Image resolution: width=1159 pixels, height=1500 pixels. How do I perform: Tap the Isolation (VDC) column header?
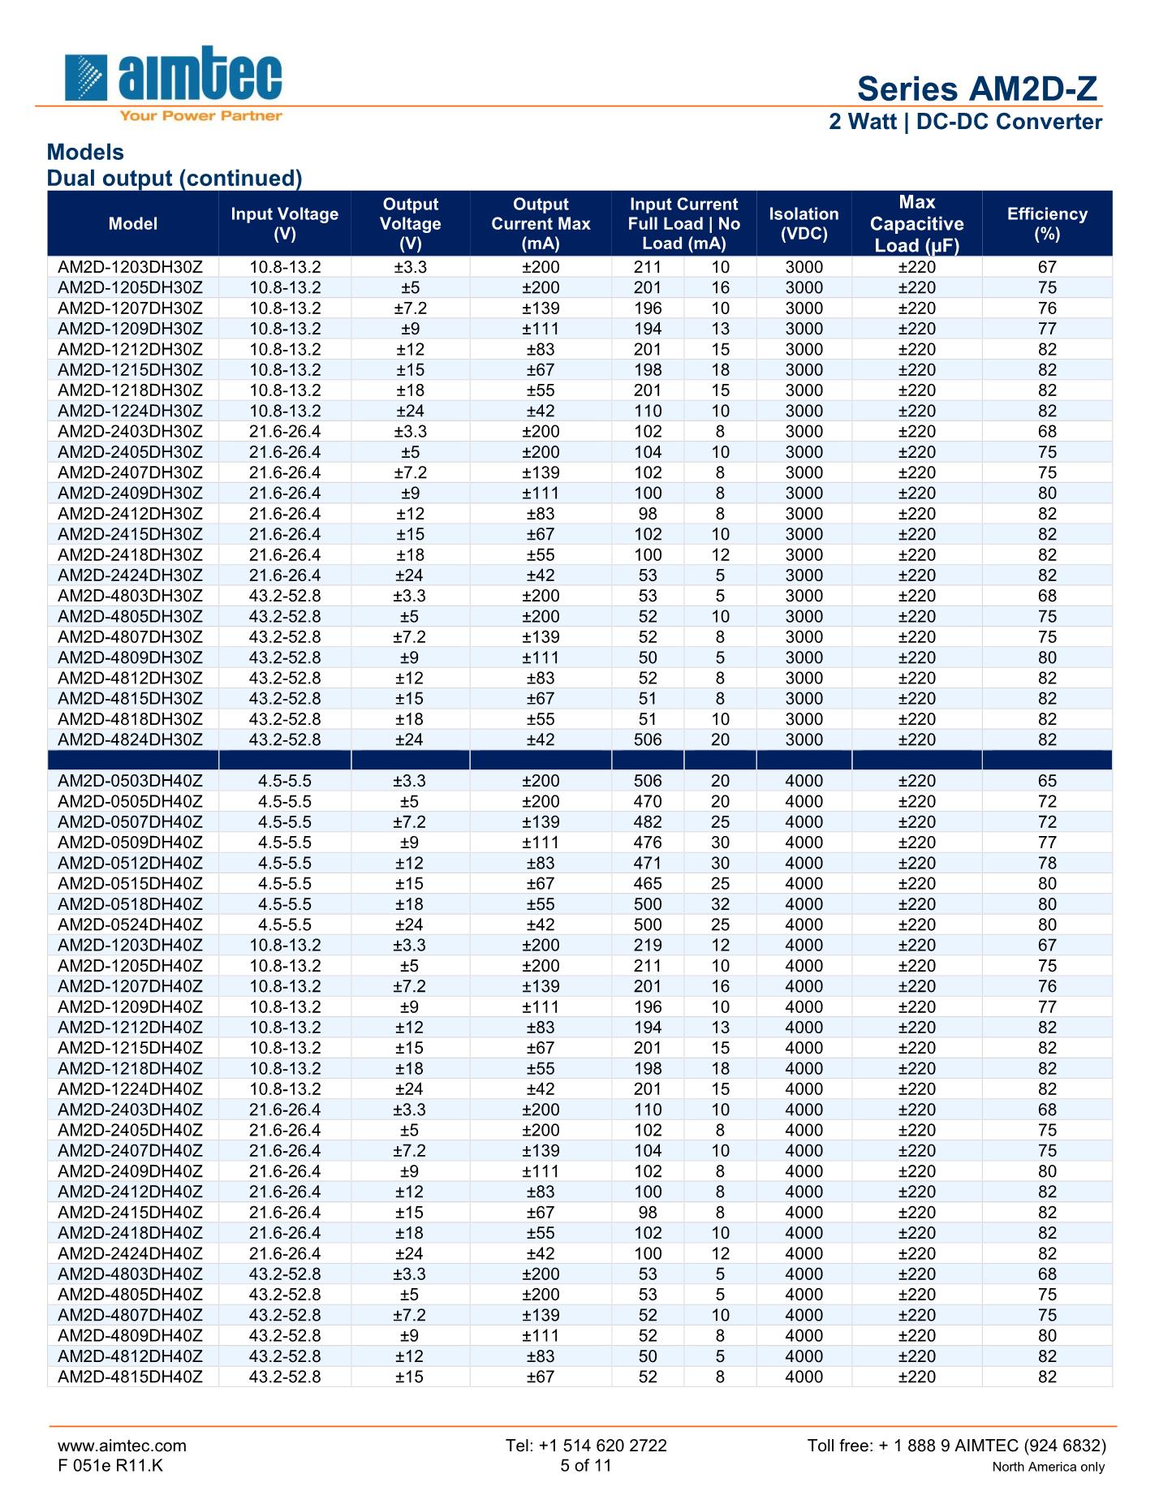804,224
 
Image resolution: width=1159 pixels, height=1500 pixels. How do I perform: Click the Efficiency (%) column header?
1047,224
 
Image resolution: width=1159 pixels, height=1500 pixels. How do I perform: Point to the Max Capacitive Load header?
916,224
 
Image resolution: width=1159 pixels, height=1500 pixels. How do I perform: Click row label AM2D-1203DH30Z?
131,267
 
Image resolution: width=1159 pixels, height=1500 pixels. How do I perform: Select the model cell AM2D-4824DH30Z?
131,739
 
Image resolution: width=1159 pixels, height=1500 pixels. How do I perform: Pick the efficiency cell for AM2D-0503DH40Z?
1047,781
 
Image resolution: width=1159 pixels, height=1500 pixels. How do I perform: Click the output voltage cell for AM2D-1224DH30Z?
410,411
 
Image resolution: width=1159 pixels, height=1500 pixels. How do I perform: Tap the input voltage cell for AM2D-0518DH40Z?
284,904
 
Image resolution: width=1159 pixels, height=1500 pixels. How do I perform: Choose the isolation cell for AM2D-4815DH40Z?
804,1377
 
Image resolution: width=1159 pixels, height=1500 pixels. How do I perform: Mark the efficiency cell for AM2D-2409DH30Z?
1047,493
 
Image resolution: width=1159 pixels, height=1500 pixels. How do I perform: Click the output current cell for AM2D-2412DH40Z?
541,1192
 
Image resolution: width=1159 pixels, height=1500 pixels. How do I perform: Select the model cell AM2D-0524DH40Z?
131,925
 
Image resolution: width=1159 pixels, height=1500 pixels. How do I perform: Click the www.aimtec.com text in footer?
122,1446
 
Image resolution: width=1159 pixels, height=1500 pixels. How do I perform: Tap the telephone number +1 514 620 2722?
586,1446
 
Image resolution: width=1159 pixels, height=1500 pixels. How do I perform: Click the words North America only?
1048,1467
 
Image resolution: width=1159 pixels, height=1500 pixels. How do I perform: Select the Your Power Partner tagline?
200,116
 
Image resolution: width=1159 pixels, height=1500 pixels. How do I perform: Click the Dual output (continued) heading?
174,179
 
